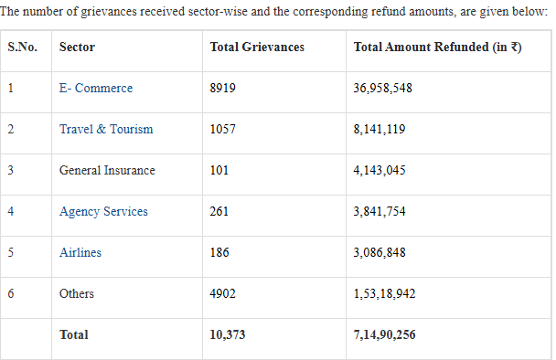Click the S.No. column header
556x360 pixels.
click(22, 47)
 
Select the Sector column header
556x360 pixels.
click(77, 47)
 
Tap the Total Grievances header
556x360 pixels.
click(257, 47)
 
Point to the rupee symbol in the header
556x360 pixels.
click(514, 47)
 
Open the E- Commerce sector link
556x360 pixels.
click(96, 88)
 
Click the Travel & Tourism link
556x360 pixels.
click(106, 129)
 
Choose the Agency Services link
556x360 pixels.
click(103, 212)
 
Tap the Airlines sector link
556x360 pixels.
click(80, 252)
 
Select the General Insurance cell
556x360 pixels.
click(107, 170)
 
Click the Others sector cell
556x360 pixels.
click(77, 293)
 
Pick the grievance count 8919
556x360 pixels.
click(223, 88)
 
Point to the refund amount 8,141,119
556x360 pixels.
click(380, 129)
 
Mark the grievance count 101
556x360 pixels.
click(219, 170)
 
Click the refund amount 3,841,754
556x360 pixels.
click(380, 212)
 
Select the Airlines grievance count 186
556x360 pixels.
click(219, 252)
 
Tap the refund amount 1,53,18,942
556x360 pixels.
click(384, 293)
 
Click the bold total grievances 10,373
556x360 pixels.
click(228, 334)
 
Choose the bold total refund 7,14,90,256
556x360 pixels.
click(384, 334)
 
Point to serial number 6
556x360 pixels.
click(11, 293)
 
